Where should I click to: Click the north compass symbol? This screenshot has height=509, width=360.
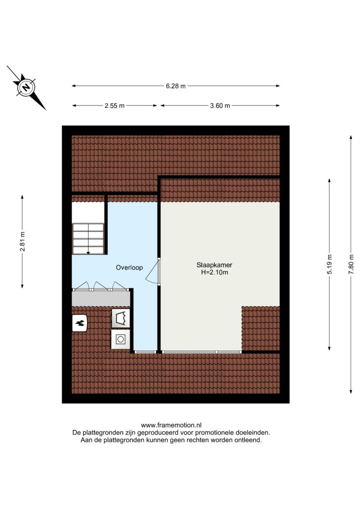click(x=26, y=87)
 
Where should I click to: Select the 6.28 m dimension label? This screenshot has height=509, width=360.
click(x=176, y=86)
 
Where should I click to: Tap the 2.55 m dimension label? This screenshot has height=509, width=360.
click(x=114, y=105)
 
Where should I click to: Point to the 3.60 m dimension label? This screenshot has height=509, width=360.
click(x=220, y=105)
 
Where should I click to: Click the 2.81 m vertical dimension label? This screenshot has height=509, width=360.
click(x=22, y=242)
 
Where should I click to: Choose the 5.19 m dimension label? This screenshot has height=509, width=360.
click(x=330, y=264)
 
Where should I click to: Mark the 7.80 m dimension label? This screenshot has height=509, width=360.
click(x=351, y=264)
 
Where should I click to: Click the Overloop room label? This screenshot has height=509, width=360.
click(x=129, y=267)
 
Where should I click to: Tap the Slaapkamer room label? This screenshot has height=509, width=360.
click(x=214, y=265)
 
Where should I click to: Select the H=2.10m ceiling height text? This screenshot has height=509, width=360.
click(x=214, y=272)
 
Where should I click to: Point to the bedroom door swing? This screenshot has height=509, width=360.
click(x=153, y=271)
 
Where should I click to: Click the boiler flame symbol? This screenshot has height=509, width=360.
click(x=79, y=323)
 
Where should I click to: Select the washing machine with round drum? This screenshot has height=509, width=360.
click(x=120, y=339)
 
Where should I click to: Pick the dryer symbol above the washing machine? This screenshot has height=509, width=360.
click(x=120, y=318)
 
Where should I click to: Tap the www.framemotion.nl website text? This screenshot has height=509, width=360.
click(x=171, y=425)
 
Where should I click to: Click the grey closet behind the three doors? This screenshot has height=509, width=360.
click(x=100, y=299)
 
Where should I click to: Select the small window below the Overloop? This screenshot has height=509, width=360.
click(x=145, y=352)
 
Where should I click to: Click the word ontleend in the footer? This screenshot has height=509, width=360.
click(x=249, y=440)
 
